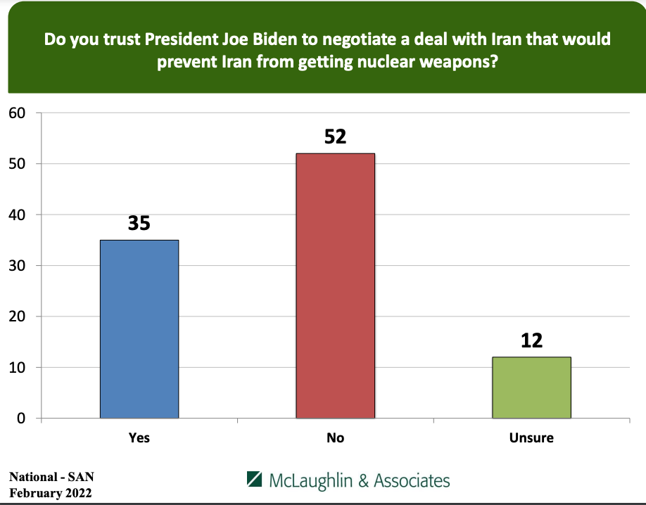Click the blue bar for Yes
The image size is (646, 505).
pos(139,328)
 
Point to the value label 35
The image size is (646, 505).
pos(139,224)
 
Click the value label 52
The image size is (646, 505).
pos(335,136)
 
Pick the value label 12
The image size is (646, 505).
pos(531,340)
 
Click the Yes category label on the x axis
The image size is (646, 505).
pos(139,437)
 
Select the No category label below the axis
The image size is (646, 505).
pos(335,437)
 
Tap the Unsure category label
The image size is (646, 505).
pos(531,437)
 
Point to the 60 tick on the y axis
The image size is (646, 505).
pos(17,113)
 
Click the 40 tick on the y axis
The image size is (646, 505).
pos(17,215)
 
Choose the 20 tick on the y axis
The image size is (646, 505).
pos(17,317)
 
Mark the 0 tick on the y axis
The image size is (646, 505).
pos(21,418)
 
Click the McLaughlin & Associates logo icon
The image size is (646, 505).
pos(255,480)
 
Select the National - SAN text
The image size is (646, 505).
pos(51,477)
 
